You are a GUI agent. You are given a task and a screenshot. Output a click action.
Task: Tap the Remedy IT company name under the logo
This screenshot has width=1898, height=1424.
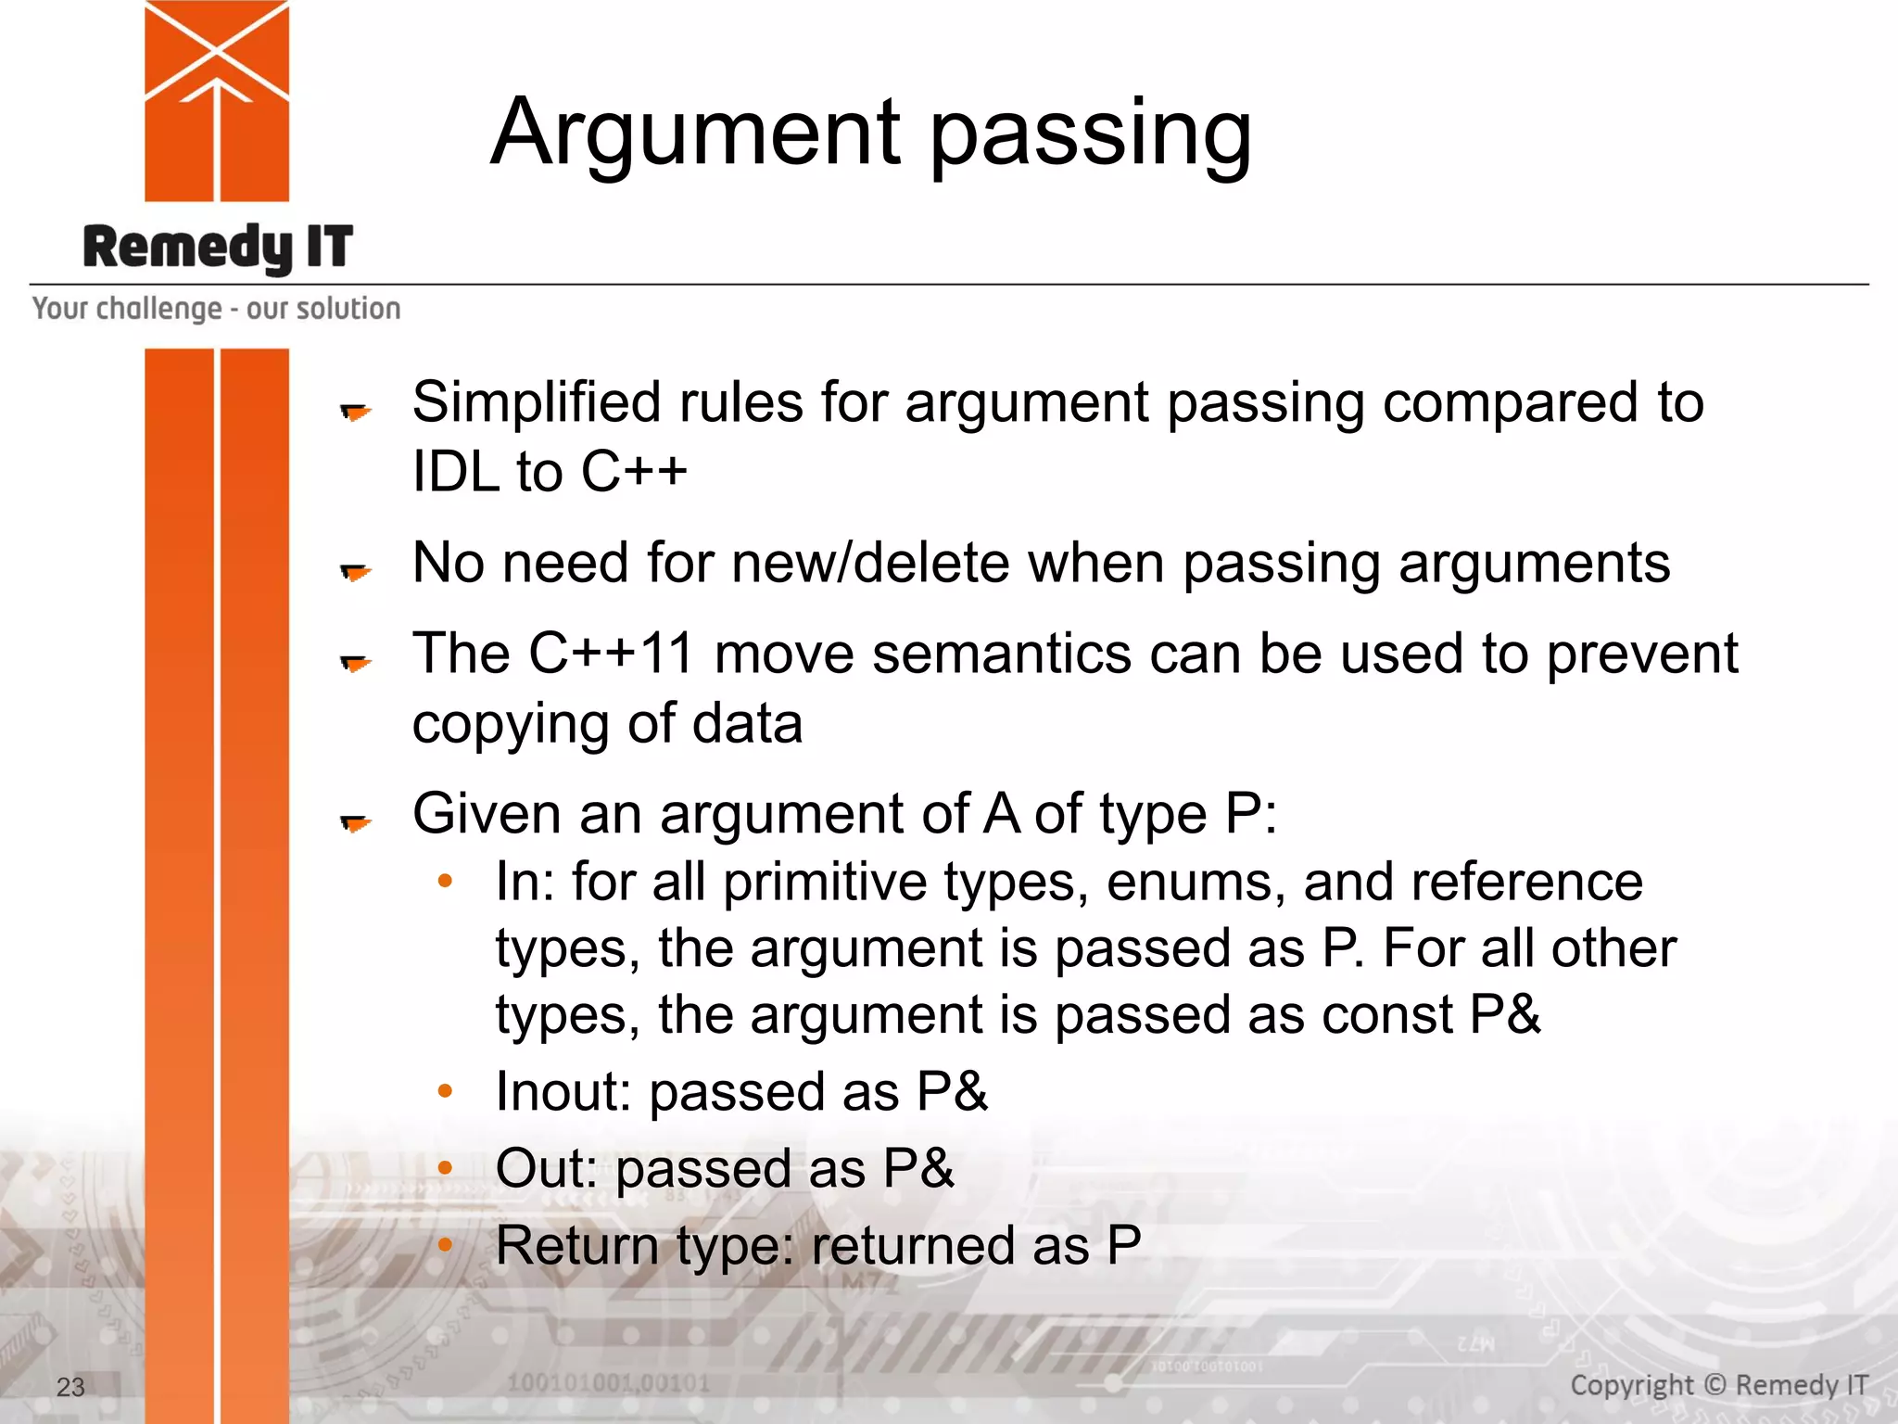tap(218, 248)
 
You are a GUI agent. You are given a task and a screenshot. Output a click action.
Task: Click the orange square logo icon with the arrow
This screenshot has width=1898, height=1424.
tap(217, 101)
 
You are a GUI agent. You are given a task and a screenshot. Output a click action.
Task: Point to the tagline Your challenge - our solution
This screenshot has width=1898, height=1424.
tap(217, 309)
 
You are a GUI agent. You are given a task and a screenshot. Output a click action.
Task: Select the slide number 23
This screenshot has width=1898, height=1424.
tap(70, 1387)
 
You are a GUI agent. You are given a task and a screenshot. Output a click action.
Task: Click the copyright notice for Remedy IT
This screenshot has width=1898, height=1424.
tap(1718, 1385)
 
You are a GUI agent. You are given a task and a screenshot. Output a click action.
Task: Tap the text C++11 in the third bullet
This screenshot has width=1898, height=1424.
tap(611, 654)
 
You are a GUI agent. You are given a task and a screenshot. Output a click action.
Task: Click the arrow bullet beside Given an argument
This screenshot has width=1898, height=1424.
tap(355, 822)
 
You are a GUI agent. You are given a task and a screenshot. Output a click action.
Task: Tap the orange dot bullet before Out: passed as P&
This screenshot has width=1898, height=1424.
tap(446, 1167)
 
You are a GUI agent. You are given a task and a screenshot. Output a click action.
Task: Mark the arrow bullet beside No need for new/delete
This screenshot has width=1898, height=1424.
tap(355, 572)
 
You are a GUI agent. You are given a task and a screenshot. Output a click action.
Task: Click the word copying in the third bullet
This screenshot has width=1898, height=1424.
tap(511, 724)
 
